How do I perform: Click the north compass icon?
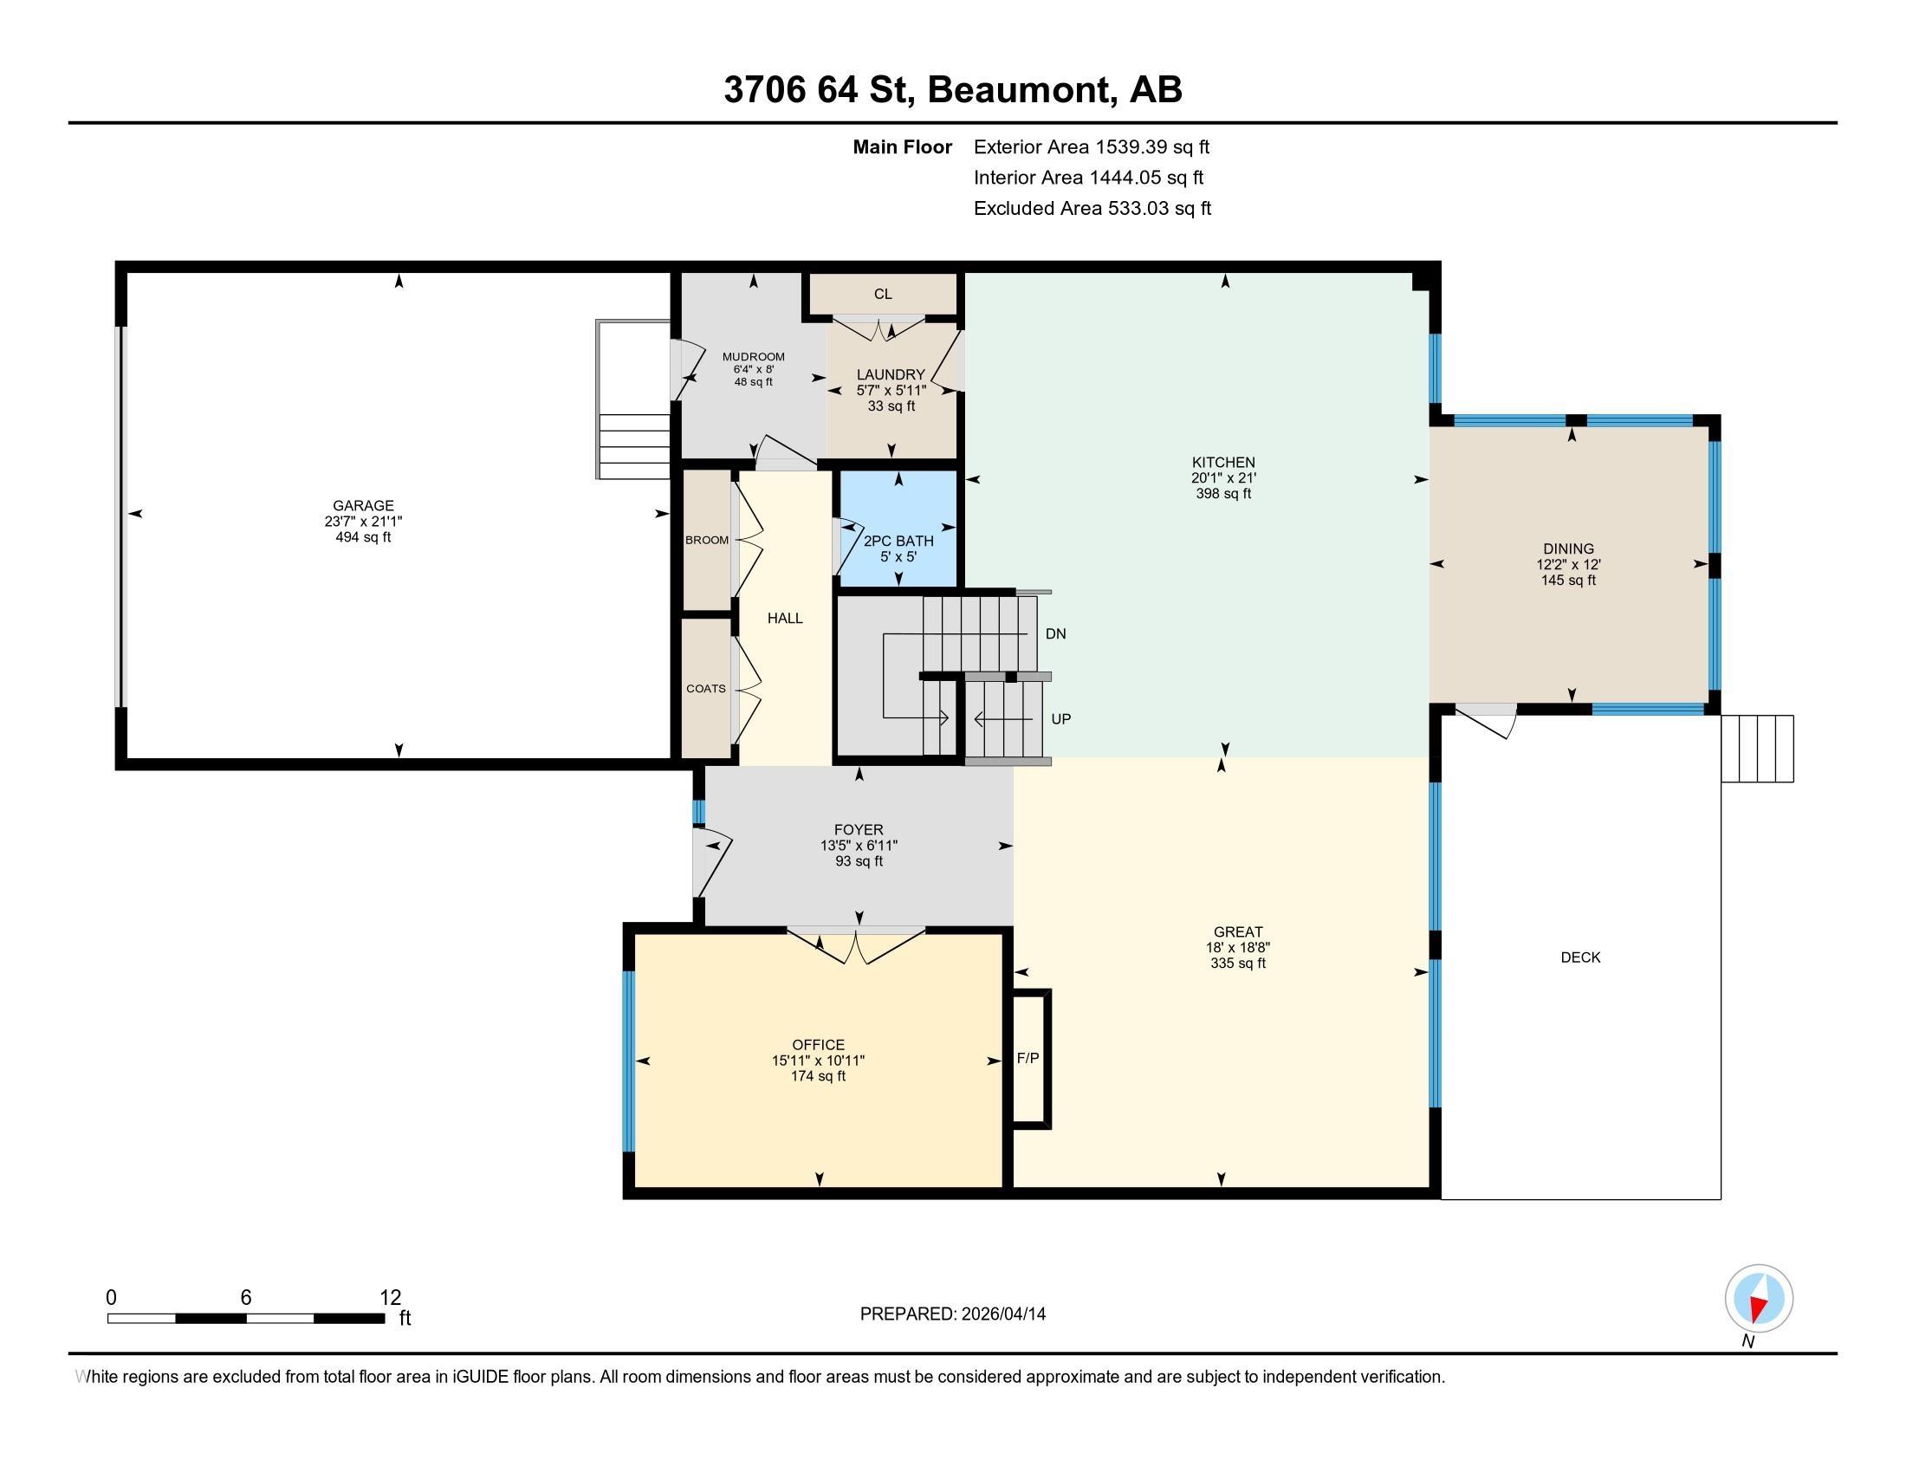1759,1298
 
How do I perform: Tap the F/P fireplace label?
1028,1059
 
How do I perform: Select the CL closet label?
883,294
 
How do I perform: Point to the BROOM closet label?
707,540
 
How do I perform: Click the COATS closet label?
706,689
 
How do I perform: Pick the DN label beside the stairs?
1056,633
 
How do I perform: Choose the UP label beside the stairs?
1061,719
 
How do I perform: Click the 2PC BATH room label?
899,541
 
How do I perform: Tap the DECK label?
1580,957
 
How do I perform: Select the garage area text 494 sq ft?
364,537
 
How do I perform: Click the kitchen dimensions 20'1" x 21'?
1223,478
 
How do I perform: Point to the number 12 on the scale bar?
390,1298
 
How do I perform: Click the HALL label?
786,618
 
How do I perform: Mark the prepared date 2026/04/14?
1002,1314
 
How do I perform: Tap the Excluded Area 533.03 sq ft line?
1092,209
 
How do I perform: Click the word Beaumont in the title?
1022,90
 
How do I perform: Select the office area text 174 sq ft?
819,1077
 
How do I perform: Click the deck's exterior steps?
1757,749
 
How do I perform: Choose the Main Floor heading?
903,147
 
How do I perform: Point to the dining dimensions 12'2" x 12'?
1568,565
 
